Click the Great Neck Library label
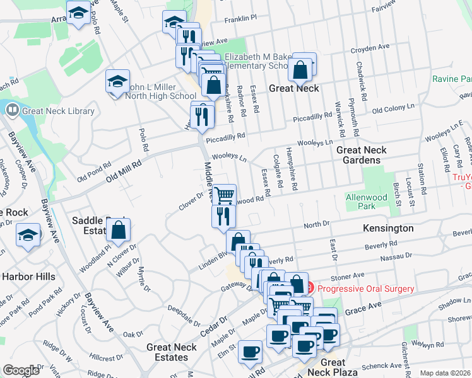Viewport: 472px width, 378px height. (x=58, y=112)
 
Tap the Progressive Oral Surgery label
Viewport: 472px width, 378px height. (x=366, y=289)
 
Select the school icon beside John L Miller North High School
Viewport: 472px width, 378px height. (x=117, y=81)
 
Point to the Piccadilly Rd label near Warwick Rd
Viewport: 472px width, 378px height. (x=312, y=118)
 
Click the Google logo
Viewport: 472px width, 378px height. (x=21, y=370)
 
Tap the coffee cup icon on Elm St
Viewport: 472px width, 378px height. (x=250, y=352)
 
